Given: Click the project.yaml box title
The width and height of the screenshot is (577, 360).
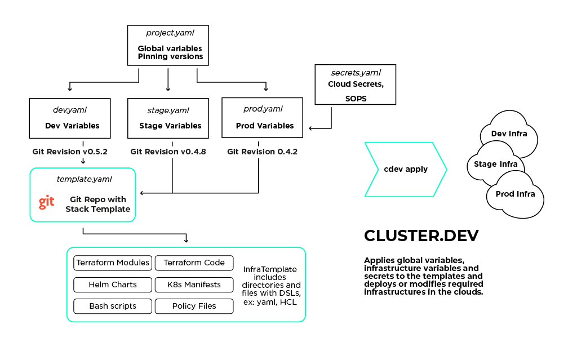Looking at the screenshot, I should coord(170,33).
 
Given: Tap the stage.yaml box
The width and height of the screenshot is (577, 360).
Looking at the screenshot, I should coord(168,118).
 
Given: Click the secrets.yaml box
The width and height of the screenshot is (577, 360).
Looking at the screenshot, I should coord(356,85).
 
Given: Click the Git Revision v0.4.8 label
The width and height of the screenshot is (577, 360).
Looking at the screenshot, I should coord(167,152).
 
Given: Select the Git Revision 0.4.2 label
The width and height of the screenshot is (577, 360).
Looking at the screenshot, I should coord(262,152).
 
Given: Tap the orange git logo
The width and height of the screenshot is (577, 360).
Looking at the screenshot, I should coord(47,202).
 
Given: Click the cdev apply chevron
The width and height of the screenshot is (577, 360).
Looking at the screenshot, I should coord(406,169).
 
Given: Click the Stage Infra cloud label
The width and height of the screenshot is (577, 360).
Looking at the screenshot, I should coord(491,164).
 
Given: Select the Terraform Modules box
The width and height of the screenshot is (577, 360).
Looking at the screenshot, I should coord(113,263).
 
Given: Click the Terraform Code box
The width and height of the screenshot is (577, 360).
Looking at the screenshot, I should coord(194,263).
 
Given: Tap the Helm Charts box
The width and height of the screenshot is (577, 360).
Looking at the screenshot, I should coord(113,285).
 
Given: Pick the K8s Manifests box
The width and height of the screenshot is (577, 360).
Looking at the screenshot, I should coord(194,285).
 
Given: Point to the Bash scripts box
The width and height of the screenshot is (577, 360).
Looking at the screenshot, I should coord(113,306).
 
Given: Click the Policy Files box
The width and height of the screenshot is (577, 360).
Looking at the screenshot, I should coord(194,306).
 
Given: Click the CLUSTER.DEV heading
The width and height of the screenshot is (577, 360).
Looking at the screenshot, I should coord(421,235).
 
